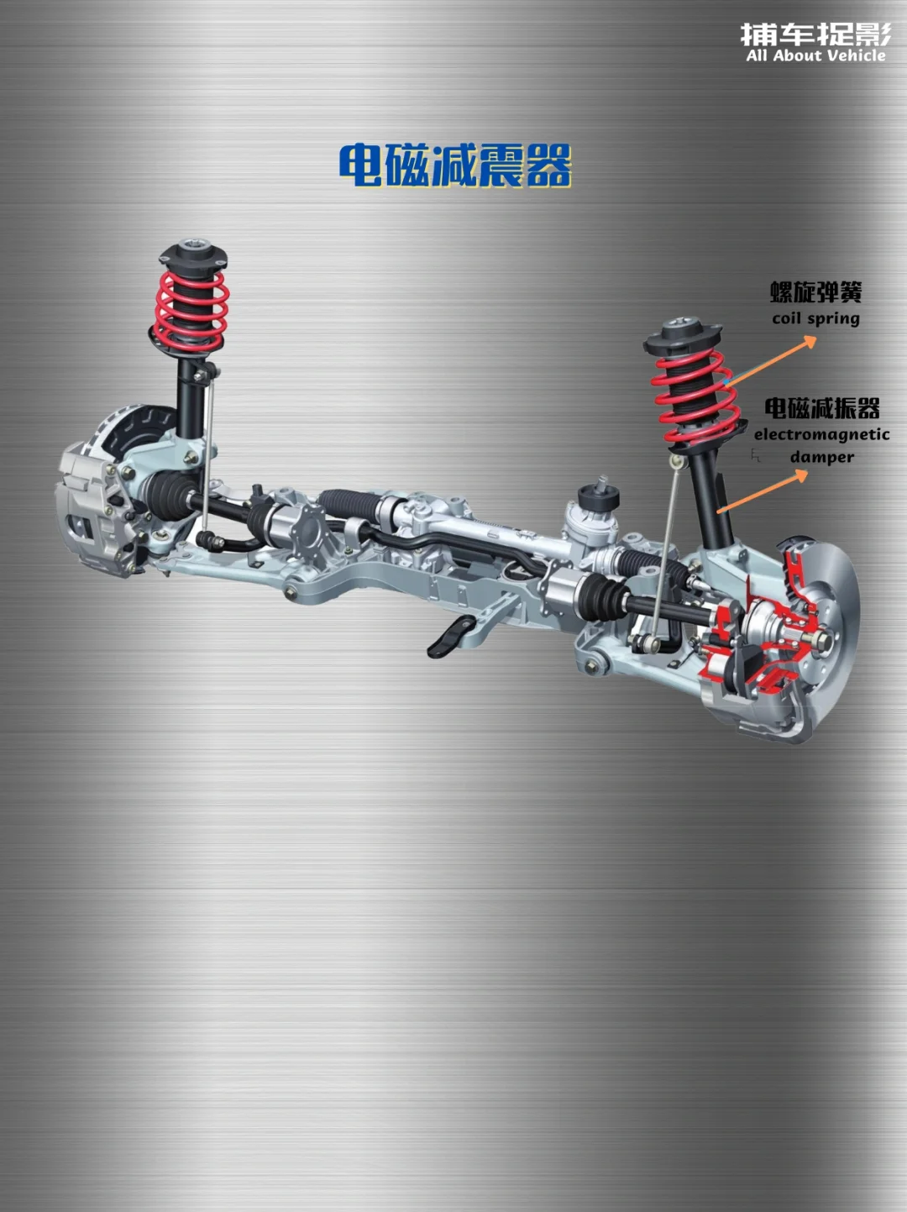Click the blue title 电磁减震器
[x=455, y=165]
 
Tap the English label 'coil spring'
[x=816, y=318]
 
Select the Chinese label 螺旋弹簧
[x=816, y=292]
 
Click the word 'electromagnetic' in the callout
[x=821, y=434]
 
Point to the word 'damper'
[x=822, y=457]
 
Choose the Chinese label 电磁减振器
[x=822, y=408]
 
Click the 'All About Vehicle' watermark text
[x=816, y=55]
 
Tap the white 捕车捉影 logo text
[x=816, y=34]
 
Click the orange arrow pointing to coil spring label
[x=770, y=361]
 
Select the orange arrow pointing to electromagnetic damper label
[x=763, y=491]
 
